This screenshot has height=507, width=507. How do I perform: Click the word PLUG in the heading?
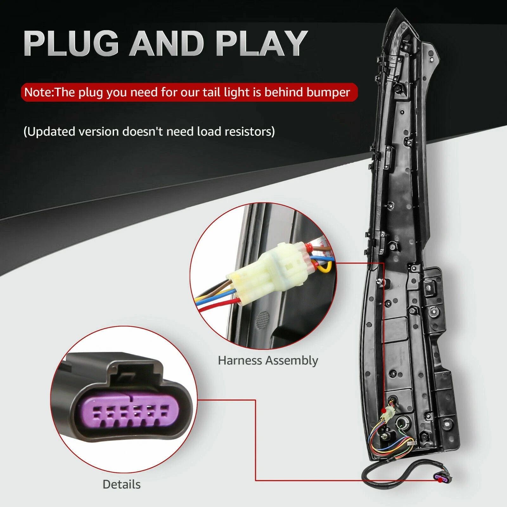click(71, 43)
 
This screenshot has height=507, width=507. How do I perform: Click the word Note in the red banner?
click(38, 92)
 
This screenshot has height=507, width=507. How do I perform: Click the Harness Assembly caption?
click(268, 361)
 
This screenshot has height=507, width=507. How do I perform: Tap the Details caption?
click(121, 485)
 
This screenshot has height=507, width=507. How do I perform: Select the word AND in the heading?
click(166, 43)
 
